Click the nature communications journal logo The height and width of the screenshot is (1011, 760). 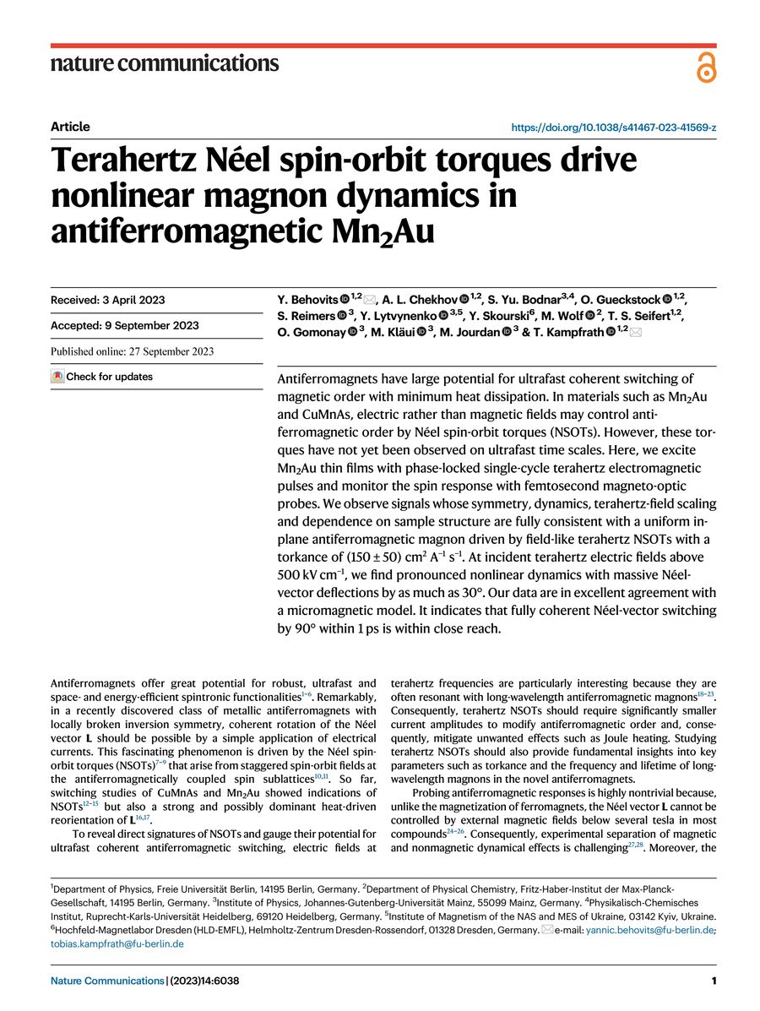165,63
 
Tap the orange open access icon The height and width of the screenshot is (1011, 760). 706,66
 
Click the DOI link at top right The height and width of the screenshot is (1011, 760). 615,128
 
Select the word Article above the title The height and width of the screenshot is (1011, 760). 70,127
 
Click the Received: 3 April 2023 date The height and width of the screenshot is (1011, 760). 107,300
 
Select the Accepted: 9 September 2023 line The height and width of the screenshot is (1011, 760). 124,325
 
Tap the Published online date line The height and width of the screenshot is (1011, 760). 132,351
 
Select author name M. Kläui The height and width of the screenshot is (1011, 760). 392,332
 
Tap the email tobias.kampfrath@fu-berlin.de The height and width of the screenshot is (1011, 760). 117,943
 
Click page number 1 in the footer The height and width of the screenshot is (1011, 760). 714,981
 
